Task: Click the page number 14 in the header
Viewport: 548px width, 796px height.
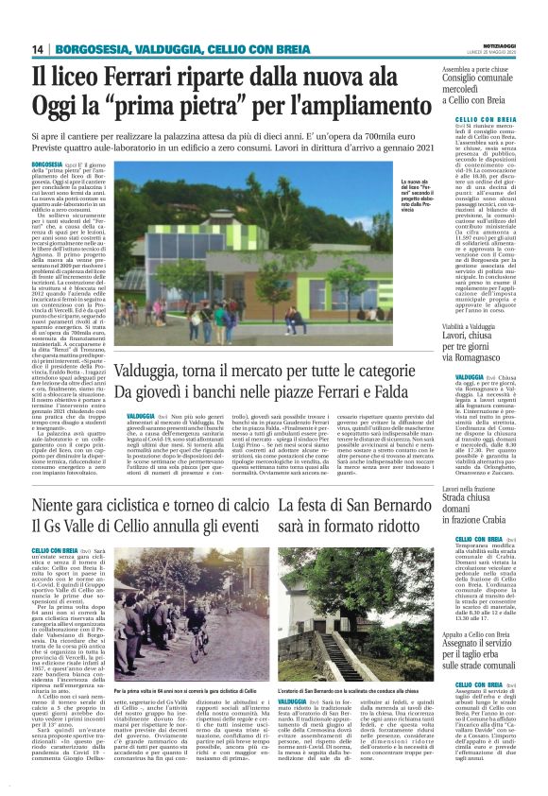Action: pyautogui.click(x=39, y=49)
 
